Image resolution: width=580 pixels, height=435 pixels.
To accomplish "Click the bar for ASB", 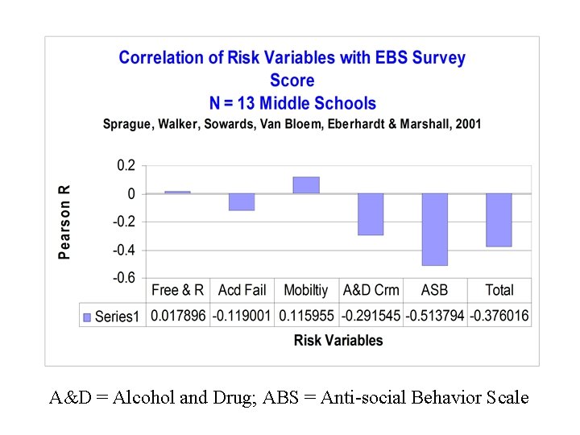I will coord(434,230).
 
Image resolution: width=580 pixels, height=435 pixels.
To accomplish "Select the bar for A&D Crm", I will coord(371,214).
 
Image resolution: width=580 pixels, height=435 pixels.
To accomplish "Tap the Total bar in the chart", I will coord(499,220).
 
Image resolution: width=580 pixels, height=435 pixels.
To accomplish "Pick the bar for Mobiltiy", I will coord(306,185).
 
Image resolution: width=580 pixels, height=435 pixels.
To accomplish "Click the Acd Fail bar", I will coord(242,201).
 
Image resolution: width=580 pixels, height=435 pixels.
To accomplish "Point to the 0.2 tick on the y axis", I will coord(126,165).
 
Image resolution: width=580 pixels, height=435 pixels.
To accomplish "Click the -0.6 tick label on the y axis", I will coord(122,278).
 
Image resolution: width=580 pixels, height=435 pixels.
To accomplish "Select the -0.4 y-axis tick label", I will coord(122,250).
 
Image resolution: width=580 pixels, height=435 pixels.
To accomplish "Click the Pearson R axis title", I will coord(65,222).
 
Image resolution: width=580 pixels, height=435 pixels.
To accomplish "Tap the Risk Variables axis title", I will coord(338,340).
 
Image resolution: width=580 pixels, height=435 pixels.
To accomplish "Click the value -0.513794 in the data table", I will coord(435,316).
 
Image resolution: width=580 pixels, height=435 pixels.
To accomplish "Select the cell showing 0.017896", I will coord(178,316).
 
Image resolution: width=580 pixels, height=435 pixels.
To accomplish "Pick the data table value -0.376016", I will coord(499,316).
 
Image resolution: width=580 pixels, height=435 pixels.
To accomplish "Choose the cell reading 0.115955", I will coord(306,316).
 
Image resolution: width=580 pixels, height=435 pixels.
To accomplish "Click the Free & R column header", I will coord(178,290).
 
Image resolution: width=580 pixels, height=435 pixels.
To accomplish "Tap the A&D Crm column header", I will coord(371,290).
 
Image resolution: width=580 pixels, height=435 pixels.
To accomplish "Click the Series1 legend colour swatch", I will coord(87,317).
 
